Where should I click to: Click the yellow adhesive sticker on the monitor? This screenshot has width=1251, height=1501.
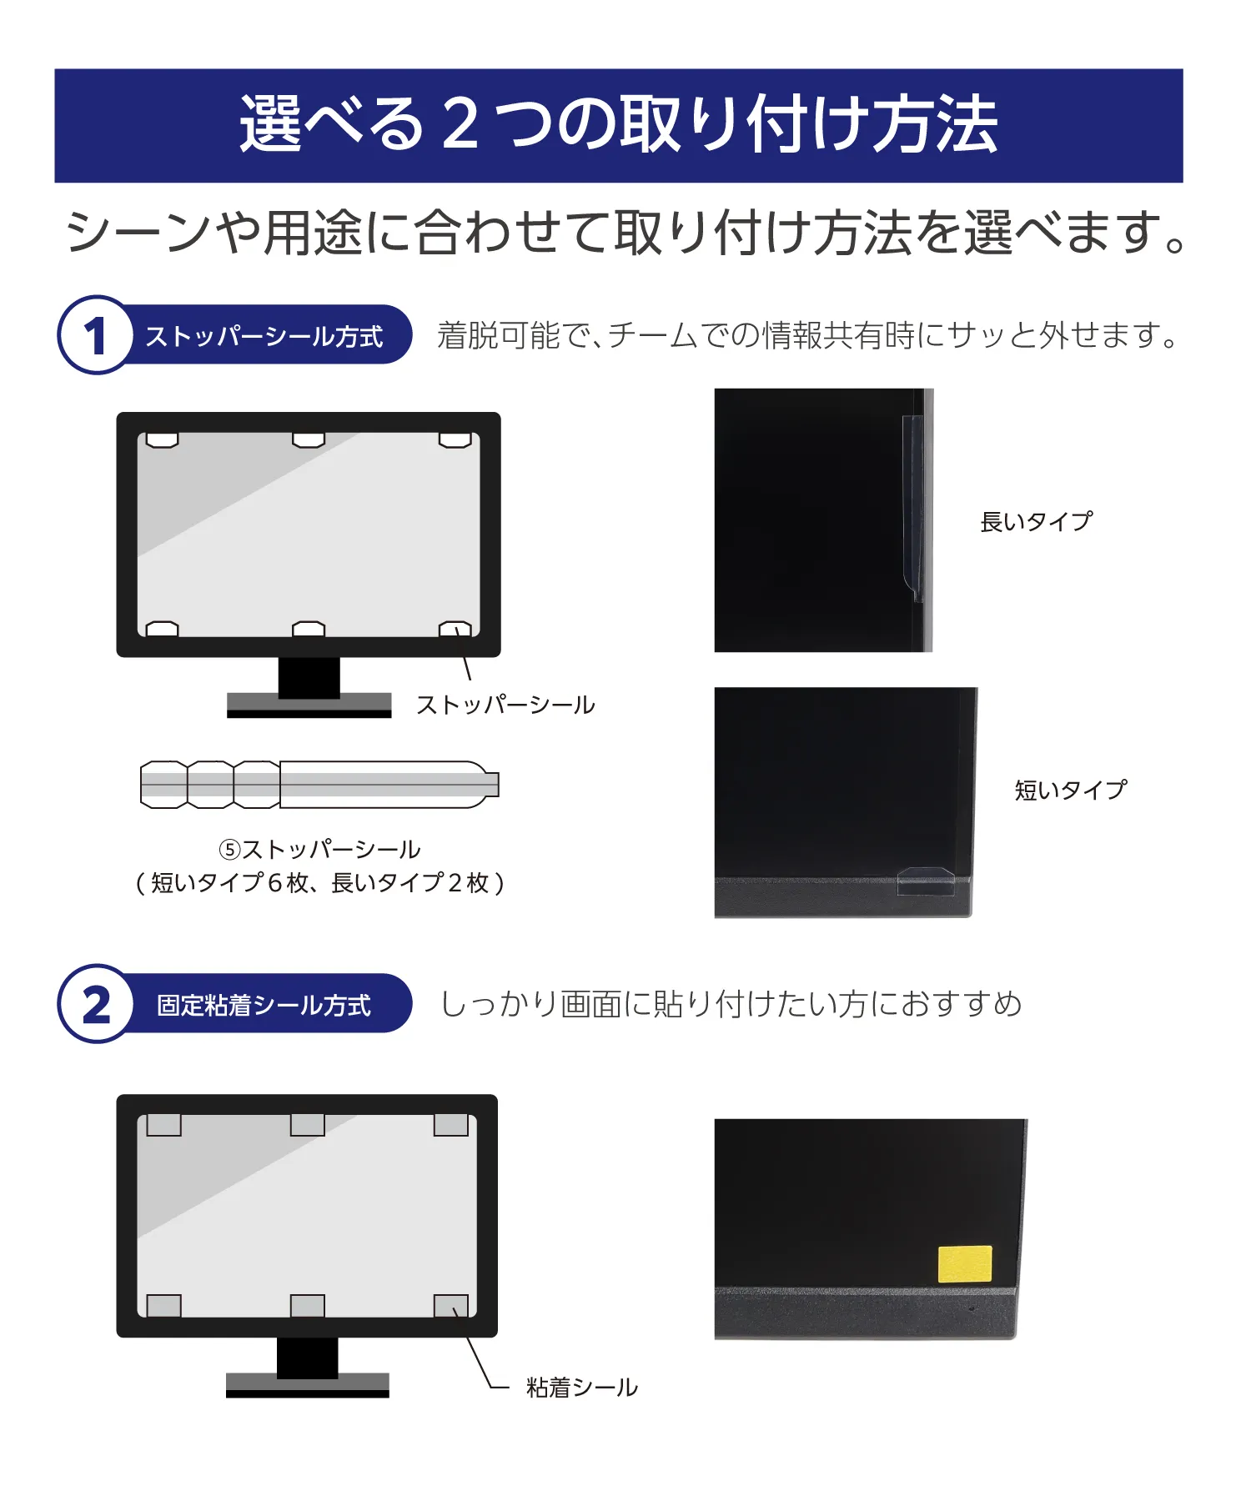click(x=965, y=1263)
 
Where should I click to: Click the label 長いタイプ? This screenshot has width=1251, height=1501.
click(x=1036, y=522)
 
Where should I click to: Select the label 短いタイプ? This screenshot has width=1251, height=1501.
click(x=1071, y=790)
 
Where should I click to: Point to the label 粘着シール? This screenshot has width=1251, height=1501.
click(x=582, y=1388)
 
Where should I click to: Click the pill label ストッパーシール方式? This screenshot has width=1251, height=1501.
click(x=264, y=336)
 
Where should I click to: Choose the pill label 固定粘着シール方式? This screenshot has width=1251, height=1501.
click(x=264, y=1005)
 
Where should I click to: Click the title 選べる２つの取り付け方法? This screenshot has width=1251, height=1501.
click(x=619, y=125)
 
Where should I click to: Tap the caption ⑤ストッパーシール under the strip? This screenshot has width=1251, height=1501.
click(x=319, y=850)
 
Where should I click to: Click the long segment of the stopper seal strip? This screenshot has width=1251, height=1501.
click(x=384, y=785)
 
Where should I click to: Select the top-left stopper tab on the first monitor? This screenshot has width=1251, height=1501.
click(x=162, y=439)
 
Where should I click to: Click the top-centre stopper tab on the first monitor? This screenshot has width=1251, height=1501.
click(x=309, y=439)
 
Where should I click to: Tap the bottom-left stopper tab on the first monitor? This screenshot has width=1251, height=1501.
click(x=162, y=629)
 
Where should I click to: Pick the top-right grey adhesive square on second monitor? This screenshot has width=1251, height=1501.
click(x=451, y=1125)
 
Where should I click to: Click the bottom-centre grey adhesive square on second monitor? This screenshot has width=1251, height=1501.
click(x=308, y=1305)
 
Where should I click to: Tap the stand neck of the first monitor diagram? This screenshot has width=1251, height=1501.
click(x=309, y=675)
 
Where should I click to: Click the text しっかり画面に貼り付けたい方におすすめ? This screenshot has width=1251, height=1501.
click(x=731, y=1004)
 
